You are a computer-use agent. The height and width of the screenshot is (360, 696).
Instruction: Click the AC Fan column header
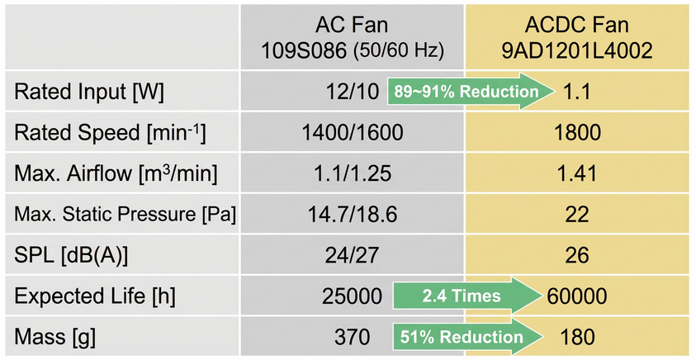coord(352,38)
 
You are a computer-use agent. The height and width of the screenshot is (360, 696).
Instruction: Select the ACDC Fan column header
coord(577,38)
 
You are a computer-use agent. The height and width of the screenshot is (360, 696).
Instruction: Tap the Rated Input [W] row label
coord(89,92)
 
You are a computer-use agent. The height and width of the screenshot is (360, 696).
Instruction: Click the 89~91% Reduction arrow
coord(471,92)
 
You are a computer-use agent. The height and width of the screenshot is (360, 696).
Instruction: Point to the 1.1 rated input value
coord(577,92)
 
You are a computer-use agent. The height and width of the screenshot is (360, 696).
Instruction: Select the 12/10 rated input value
coord(353,92)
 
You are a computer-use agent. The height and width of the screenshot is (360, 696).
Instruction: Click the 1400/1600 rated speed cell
coord(352,133)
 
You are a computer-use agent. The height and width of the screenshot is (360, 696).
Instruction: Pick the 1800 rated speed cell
coord(577,133)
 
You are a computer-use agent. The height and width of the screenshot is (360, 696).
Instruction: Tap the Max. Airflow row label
coord(116,173)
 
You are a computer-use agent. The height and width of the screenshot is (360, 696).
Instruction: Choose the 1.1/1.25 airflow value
coord(352,174)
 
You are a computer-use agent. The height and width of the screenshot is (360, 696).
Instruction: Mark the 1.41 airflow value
coord(577,174)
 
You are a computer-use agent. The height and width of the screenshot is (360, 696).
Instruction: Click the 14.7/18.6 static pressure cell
coord(352,215)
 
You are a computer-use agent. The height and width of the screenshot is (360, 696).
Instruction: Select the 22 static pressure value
coord(577,215)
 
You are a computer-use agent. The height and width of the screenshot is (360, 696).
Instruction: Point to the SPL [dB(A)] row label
coord(71,256)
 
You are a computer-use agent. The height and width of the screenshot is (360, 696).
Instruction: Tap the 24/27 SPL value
coord(352,256)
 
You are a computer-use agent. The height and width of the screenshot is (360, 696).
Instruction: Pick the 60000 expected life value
coord(577,296)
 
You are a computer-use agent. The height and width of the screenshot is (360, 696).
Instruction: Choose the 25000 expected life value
coord(352,296)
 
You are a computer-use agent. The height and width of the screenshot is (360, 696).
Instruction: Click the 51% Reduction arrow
coord(468,337)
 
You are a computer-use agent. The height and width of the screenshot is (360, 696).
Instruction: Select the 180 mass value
coord(577,338)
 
